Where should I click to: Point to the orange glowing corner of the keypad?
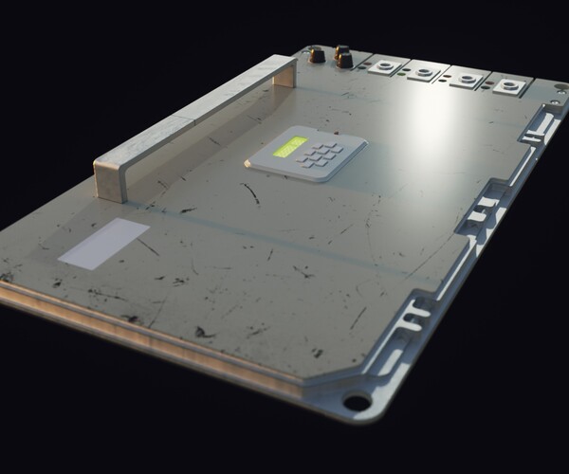coord(248,164)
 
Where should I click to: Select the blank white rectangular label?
coord(104,242)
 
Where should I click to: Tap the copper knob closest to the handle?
coord(317,56)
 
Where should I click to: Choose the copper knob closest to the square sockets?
coord(343,59)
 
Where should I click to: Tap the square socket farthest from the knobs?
coord(508,87)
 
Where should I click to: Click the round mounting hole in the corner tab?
coord(357,402)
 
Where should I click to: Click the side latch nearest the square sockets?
coord(536,124)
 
